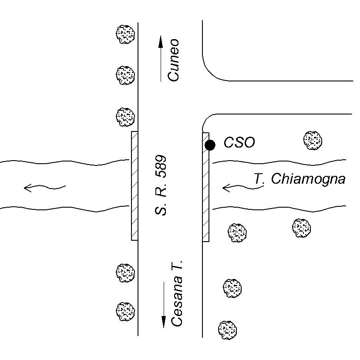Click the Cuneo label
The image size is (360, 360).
coord(174,60)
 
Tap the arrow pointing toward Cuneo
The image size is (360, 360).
coord(161,58)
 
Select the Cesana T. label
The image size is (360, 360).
coord(177,294)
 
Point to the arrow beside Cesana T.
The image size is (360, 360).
coord(164,304)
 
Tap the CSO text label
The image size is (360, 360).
coord(239,142)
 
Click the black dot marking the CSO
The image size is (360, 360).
coord(210,145)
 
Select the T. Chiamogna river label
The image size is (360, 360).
coord(299,179)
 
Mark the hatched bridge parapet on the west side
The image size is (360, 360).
coord(135,185)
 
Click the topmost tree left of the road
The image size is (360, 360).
coord(125,34)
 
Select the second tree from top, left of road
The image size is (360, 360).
coord(125,75)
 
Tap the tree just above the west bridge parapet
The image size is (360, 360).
coord(125,117)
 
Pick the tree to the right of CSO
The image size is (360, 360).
coord(313,140)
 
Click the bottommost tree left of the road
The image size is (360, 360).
coord(125,311)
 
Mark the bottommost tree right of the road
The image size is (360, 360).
coord(227,330)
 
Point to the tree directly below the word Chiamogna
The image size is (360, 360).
coord(301,228)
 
